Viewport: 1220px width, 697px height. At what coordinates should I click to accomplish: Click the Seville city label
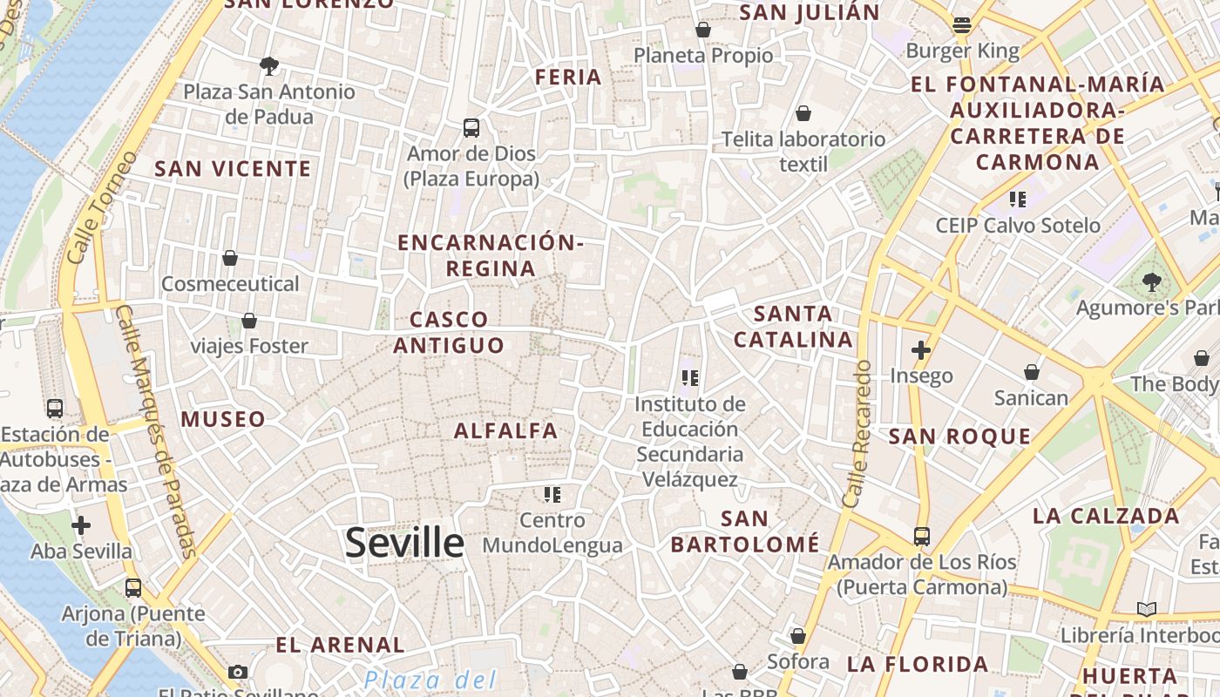[x=404, y=543]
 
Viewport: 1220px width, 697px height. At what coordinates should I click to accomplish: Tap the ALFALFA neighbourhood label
[x=505, y=430]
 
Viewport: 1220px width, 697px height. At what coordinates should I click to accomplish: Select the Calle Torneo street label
[x=102, y=207]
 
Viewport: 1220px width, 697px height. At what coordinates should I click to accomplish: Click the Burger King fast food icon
[x=962, y=25]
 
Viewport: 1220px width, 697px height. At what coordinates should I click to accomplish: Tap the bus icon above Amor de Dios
[x=471, y=128]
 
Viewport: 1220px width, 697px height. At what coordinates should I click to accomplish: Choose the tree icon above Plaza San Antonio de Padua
[x=269, y=65]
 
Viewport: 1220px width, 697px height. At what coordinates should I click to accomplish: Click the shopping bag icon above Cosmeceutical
[x=230, y=258]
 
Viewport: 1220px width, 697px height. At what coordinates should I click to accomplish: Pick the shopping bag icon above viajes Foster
[x=249, y=321]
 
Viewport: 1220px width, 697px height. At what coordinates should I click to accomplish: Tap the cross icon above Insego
[x=921, y=350]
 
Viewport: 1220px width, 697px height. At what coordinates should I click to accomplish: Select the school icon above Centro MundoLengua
[x=552, y=495]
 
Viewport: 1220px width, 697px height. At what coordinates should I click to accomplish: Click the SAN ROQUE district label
[x=959, y=436]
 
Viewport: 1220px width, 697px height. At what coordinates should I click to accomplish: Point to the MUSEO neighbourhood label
[x=223, y=419]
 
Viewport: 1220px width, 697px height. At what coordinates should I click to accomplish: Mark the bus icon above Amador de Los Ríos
[x=922, y=536]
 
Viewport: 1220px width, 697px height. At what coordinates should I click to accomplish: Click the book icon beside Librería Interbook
[x=1147, y=609]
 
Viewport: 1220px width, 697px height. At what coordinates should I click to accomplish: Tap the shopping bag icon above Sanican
[x=1032, y=373]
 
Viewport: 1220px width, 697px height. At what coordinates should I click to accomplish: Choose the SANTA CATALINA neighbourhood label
[x=793, y=327]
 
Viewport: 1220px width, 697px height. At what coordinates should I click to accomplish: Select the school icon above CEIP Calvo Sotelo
[x=1018, y=200]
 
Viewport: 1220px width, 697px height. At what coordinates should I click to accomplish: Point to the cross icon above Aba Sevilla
[x=81, y=525]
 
